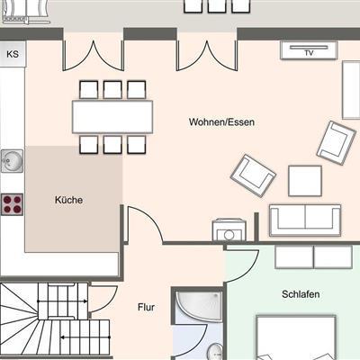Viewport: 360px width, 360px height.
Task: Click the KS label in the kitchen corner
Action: pyautogui.click(x=13, y=54)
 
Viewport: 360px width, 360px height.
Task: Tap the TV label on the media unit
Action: pyautogui.click(x=309, y=53)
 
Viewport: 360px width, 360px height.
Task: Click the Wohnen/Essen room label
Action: pyautogui.click(x=221, y=122)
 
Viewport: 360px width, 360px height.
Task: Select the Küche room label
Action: pyautogui.click(x=68, y=200)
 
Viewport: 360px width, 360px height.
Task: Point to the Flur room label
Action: pyautogui.click(x=146, y=307)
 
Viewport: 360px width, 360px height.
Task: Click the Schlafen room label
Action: pyautogui.click(x=301, y=294)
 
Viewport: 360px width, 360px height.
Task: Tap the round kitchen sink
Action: pyautogui.click(x=12, y=161)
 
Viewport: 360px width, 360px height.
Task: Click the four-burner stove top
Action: pyautogui.click(x=12, y=204)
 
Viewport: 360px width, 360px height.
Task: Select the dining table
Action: pyautogui.click(x=112, y=117)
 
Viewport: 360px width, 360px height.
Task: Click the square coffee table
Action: pyautogui.click(x=305, y=181)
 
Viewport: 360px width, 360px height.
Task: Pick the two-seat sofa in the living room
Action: pyautogui.click(x=305, y=220)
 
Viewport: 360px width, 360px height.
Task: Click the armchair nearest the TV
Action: pyautogui.click(x=337, y=142)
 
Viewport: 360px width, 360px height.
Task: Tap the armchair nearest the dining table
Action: pyautogui.click(x=254, y=175)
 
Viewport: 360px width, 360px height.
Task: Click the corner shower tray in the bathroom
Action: pyautogui.click(x=199, y=306)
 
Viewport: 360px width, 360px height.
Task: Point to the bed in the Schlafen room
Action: pyautogui.click(x=296, y=337)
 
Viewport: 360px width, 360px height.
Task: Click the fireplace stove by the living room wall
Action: pyautogui.click(x=229, y=230)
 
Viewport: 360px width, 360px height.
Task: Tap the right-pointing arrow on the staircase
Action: pyautogui.click(x=62, y=301)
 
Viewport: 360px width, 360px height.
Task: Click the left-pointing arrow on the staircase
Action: pyautogui.click(x=85, y=337)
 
